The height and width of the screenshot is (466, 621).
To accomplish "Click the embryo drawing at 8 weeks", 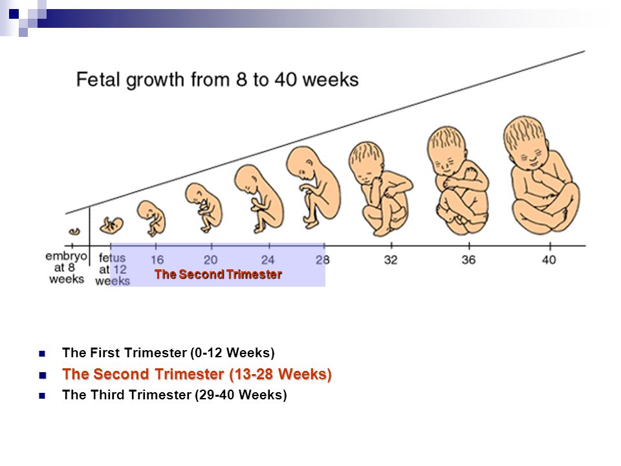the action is (74, 232).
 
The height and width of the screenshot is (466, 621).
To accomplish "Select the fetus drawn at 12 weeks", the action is (111, 225).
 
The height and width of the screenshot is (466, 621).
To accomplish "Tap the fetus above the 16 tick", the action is (151, 218).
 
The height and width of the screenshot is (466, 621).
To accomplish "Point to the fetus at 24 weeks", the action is (259, 199).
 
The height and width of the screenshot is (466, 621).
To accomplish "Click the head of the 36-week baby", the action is (447, 151).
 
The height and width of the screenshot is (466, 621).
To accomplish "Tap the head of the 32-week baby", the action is (366, 162).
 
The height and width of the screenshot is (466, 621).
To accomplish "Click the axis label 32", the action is (391, 260).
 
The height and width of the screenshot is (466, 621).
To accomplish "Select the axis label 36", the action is (468, 260).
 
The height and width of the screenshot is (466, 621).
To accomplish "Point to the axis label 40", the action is (549, 260).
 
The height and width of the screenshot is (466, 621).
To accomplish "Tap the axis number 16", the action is (157, 260).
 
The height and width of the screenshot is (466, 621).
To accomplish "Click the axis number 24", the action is (268, 260).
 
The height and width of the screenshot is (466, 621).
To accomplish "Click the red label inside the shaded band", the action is (218, 274).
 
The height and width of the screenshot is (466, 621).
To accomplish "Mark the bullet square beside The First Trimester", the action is (42, 353).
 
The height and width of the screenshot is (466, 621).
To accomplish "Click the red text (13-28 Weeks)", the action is (280, 374).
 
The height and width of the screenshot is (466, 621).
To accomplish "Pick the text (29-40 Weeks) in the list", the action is (241, 395).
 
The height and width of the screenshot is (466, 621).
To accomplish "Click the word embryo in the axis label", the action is (66, 256).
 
